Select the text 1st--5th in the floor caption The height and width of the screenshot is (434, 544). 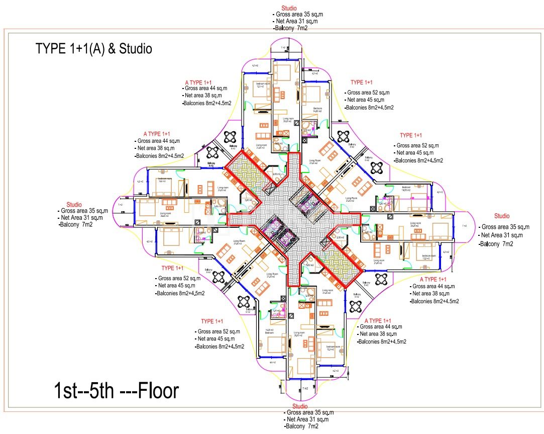[x=84, y=391]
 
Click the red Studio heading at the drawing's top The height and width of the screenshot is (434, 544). [x=289, y=8]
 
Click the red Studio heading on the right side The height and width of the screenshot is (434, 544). [x=501, y=216]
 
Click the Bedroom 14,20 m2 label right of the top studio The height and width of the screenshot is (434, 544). [x=317, y=109]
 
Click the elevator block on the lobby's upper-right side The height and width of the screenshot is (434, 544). [x=307, y=205]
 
